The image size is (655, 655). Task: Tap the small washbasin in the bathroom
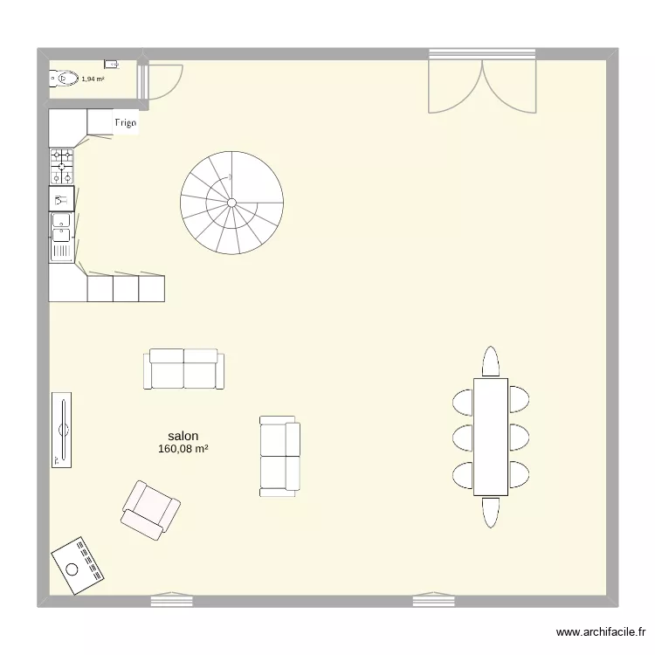coord(111,64)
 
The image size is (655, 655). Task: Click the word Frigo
coord(125,123)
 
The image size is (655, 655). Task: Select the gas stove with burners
coord(62,166)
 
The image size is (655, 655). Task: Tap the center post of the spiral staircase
coord(231,203)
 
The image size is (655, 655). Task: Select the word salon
coord(183,436)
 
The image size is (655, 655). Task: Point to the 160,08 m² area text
coord(183,450)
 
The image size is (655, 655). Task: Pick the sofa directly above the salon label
coord(183,369)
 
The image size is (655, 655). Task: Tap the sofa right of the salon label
coord(279,456)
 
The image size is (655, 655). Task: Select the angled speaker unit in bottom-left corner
coord(79,563)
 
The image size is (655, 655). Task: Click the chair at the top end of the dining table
coord(491,362)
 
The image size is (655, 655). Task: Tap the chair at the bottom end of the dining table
coord(491,511)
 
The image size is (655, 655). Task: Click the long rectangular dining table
coord(491,437)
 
